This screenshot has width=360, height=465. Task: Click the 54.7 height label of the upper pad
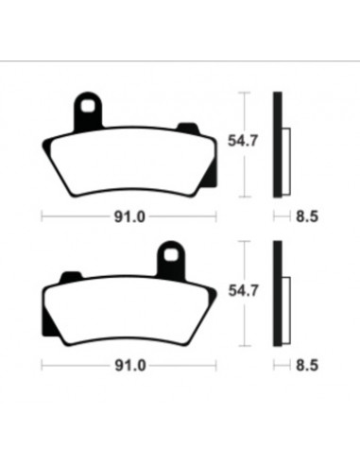pos(243,141)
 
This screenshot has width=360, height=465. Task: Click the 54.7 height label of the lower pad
pos(243,290)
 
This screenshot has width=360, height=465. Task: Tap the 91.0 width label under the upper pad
pos(129,216)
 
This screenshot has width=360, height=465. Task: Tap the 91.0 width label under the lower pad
pos(129,366)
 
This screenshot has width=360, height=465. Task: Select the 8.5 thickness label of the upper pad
pos(307,216)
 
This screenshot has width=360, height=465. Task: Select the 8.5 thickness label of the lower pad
pos(307,366)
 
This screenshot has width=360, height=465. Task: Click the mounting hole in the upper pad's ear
pos(88,106)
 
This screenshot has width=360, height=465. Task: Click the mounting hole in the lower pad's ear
pos(171,255)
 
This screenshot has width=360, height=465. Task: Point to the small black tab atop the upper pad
pos(188,127)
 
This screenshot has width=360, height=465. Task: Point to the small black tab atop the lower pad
pos(71,275)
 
